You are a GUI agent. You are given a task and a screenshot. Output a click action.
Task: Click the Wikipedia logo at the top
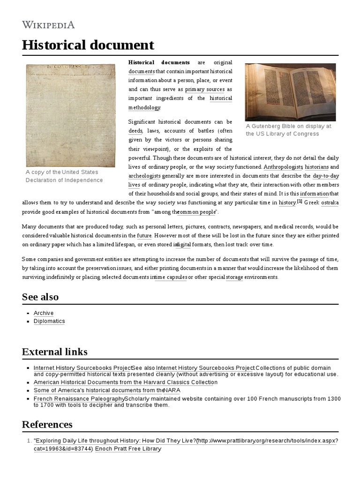[x=48, y=25]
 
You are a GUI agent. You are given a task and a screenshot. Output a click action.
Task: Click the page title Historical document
[x=88, y=45]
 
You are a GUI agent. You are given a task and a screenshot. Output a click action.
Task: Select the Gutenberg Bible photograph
[x=290, y=92]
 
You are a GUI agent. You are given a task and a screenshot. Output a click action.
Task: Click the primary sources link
[x=205, y=89]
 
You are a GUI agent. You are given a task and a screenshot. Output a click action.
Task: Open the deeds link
[x=135, y=130]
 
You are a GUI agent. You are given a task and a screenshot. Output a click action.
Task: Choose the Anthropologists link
[x=283, y=167]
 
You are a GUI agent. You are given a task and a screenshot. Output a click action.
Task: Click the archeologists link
[x=144, y=176]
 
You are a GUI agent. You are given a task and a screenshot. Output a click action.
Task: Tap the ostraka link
[x=330, y=202]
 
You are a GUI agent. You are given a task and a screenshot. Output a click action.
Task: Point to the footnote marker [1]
[x=300, y=202]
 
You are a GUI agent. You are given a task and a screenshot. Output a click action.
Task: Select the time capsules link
[x=171, y=277]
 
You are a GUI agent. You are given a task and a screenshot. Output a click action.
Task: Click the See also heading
[x=40, y=297]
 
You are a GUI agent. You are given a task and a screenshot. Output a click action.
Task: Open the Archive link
[x=44, y=313]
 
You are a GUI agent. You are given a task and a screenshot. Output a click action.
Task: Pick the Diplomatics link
[x=49, y=321]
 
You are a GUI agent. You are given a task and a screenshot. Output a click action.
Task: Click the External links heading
[x=54, y=352]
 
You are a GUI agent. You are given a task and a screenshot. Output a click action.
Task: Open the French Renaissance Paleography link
[x=79, y=398]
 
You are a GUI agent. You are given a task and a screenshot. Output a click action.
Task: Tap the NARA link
[x=172, y=390]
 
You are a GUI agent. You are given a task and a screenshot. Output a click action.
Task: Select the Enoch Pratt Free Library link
[x=128, y=449]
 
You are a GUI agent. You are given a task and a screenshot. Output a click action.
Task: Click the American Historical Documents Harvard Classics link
[x=125, y=382]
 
